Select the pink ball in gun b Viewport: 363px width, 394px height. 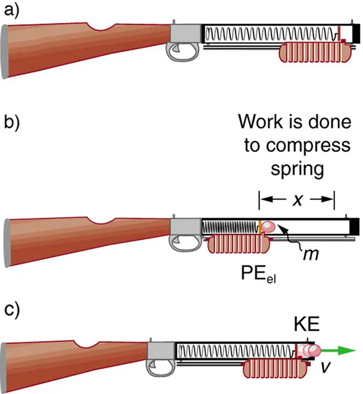[268, 227]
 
